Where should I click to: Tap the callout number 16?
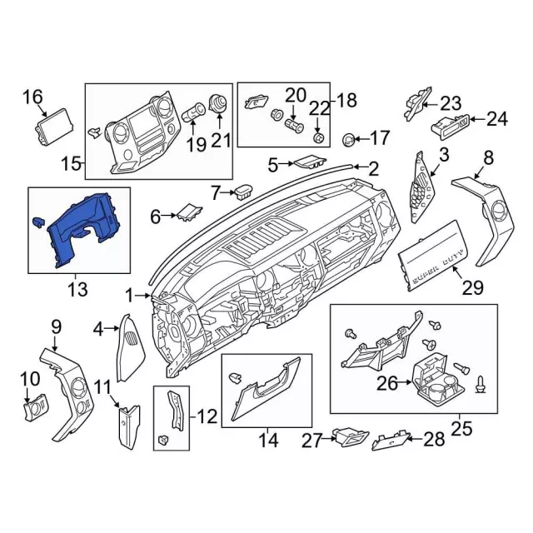[x=32, y=97]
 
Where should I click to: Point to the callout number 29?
[x=472, y=287]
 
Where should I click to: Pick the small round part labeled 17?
[x=348, y=140]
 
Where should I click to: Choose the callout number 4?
[x=98, y=329]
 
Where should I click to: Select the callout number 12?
[x=207, y=416]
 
